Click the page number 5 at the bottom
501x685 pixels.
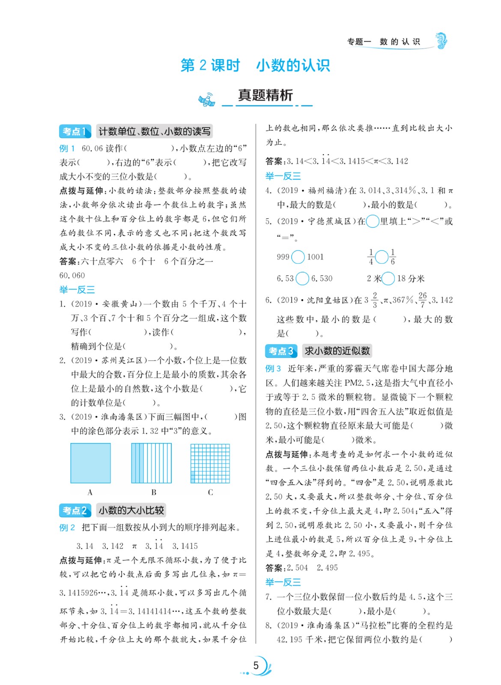pyautogui.click(x=256, y=665)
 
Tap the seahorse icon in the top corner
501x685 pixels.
pyautogui.click(x=441, y=41)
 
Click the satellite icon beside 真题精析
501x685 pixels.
pyautogui.click(x=207, y=100)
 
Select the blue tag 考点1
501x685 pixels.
pyautogui.click(x=75, y=131)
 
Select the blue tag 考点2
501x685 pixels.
pyautogui.click(x=75, y=510)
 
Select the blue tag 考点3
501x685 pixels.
pyautogui.click(x=280, y=351)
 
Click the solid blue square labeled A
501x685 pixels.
pyautogui.click(x=90, y=463)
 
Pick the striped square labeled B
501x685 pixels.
pyautogui.click(x=151, y=463)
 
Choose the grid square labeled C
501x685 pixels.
pyautogui.click(x=210, y=463)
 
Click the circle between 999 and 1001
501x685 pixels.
pyautogui.click(x=298, y=257)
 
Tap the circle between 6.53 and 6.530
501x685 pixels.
pyautogui.click(x=302, y=278)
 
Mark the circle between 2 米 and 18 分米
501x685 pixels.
pyautogui.click(x=388, y=278)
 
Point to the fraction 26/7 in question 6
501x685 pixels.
pyautogui.click(x=422, y=300)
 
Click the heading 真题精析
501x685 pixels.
pyautogui.click(x=265, y=95)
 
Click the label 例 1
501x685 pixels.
pyautogui.click(x=67, y=149)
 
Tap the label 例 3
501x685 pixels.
pyautogui.click(x=273, y=369)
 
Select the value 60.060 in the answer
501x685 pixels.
pyautogui.click(x=72, y=275)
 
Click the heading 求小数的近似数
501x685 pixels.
pyautogui.click(x=337, y=351)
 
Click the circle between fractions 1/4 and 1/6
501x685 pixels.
pyautogui.click(x=382, y=257)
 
